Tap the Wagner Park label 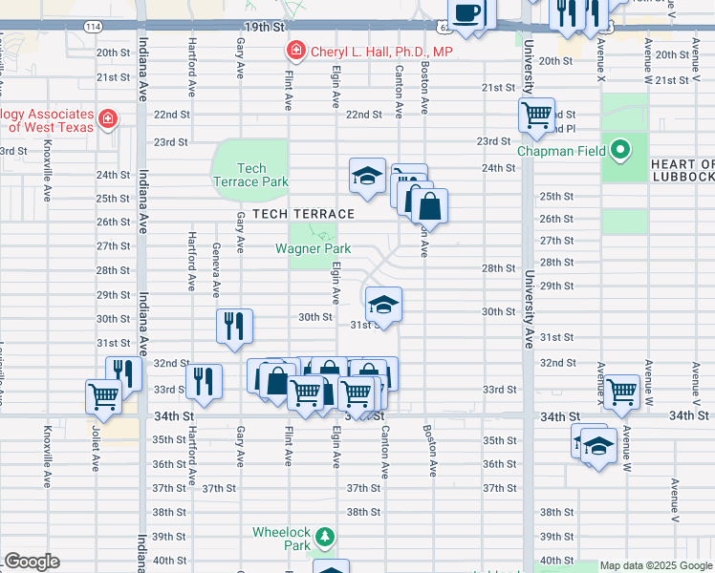(313, 248)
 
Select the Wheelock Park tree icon (326, 538)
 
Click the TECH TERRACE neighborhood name (303, 214)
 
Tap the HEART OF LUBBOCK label (682, 170)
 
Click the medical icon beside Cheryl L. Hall (297, 51)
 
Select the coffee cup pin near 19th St (466, 13)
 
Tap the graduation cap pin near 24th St (367, 176)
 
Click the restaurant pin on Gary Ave (234, 326)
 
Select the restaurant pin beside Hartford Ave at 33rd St (204, 380)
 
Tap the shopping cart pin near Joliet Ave (103, 395)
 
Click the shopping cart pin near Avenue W (621, 390)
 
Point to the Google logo (32, 562)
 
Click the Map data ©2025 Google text (656, 565)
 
